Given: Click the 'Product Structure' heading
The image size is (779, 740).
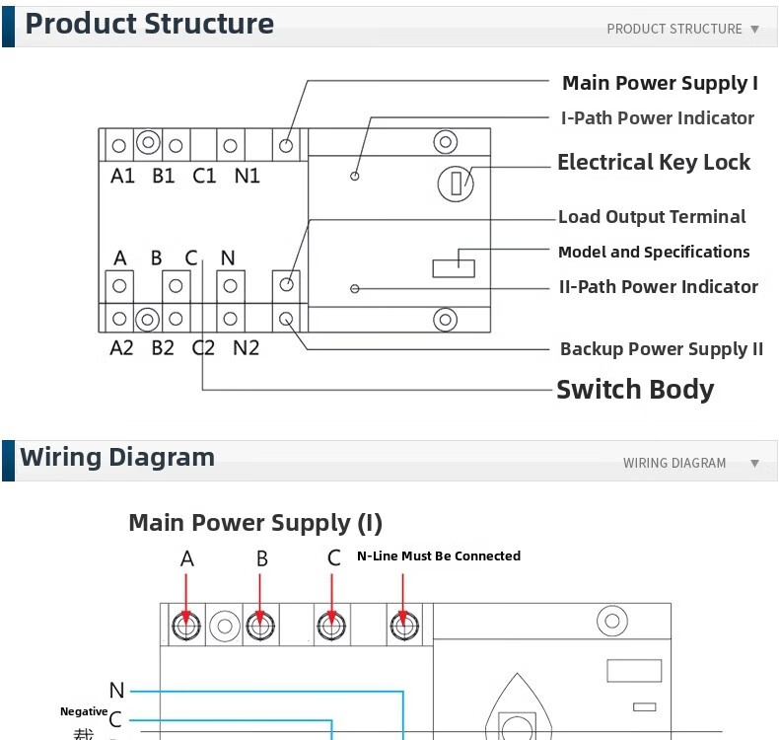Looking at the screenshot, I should (x=149, y=24).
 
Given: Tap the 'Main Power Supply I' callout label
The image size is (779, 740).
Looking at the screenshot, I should (x=660, y=83).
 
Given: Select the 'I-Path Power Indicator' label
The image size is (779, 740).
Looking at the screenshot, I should (x=657, y=118).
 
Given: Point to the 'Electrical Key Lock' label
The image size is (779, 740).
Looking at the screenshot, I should (x=654, y=163).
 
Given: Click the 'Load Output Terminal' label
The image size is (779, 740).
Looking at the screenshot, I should (x=652, y=217).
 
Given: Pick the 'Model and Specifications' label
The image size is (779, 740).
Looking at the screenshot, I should (x=654, y=253).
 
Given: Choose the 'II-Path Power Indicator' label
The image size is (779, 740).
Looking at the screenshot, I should (x=659, y=287).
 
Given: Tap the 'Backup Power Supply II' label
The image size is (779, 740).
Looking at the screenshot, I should (x=662, y=349).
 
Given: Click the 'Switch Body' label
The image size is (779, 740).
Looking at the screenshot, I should (x=635, y=390).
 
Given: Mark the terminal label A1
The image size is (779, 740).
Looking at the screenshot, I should (x=122, y=177).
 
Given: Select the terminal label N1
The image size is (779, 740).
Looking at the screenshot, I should (x=247, y=177).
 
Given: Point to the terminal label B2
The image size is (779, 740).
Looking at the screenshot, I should (x=163, y=348).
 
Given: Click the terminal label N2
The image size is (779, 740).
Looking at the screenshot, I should (x=246, y=348).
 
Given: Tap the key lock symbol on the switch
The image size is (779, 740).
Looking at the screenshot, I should (x=456, y=183).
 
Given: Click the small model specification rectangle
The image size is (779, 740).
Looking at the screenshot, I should (x=454, y=268).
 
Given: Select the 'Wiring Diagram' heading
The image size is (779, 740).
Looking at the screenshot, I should (x=117, y=458).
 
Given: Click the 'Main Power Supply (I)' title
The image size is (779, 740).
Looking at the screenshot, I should (x=255, y=523).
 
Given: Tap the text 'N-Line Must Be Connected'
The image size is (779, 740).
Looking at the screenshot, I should (x=439, y=556).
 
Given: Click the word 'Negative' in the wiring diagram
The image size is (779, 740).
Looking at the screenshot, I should (x=84, y=711).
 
